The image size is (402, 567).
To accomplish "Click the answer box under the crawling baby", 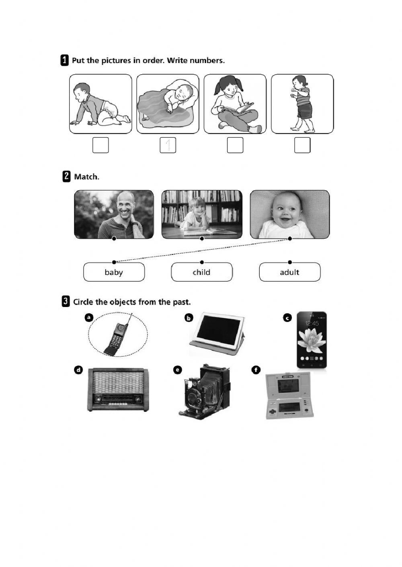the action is (100, 145).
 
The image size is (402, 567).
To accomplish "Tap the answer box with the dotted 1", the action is (168, 145).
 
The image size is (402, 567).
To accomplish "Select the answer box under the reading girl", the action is (235, 145).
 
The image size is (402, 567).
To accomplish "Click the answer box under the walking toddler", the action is (302, 145).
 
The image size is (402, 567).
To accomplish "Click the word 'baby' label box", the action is (114, 272).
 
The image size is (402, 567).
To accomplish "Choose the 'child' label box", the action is (202, 272).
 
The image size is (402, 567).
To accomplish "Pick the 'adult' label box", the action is (290, 272).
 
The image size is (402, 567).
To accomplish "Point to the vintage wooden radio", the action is (118, 390).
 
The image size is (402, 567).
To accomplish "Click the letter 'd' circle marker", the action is (78, 370).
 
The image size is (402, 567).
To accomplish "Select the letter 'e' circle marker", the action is (178, 370).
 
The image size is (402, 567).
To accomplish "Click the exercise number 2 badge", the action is (66, 177).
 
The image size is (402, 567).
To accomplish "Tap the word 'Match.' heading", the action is (86, 177).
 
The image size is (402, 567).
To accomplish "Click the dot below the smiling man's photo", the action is (114, 238).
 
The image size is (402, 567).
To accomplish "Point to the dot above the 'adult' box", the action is (290, 262).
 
